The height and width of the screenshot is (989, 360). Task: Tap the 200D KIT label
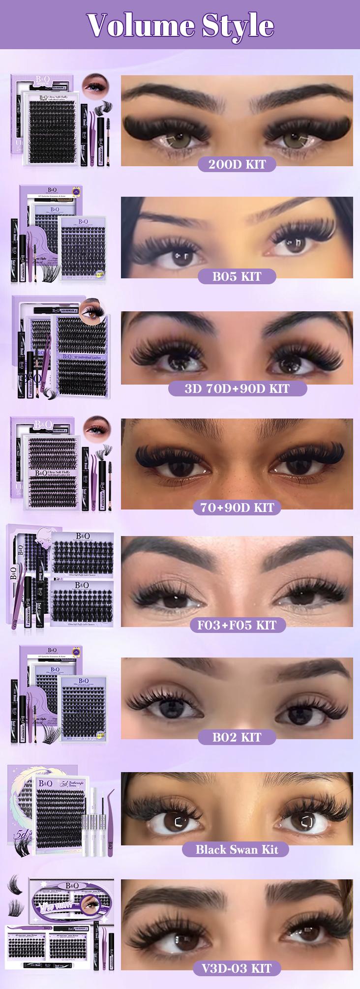(x=237, y=164)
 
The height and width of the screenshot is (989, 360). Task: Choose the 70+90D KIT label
(x=237, y=507)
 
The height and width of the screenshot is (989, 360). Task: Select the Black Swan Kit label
(x=237, y=849)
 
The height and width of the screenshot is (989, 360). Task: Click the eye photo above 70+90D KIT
(x=237, y=462)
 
